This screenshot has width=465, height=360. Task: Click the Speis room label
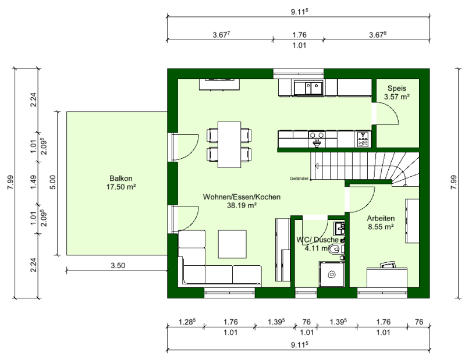(x=396, y=88)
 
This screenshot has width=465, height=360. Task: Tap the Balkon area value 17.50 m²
(x=121, y=187)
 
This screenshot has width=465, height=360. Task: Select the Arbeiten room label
(x=381, y=218)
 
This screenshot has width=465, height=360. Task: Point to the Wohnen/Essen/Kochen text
(x=242, y=197)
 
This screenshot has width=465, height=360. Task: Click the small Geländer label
(x=299, y=179)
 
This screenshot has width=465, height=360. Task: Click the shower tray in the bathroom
(x=332, y=275)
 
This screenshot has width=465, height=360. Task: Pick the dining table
(x=229, y=145)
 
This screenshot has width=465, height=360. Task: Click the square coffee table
(x=232, y=244)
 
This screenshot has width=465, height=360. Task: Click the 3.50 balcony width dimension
(x=118, y=265)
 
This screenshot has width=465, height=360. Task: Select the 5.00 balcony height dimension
(x=52, y=182)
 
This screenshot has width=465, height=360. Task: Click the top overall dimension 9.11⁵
(x=300, y=12)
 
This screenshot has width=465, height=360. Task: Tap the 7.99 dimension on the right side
(x=453, y=183)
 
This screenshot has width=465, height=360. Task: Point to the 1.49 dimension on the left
(x=33, y=183)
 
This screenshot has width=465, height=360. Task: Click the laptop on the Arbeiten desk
(x=388, y=264)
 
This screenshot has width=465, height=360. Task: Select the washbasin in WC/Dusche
(x=339, y=229)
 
